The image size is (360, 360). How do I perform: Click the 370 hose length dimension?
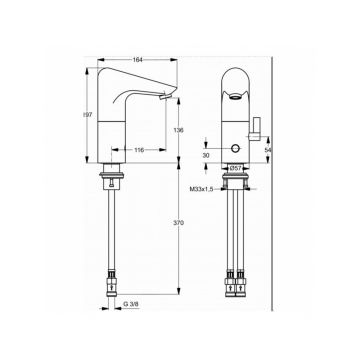[x=177, y=226]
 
